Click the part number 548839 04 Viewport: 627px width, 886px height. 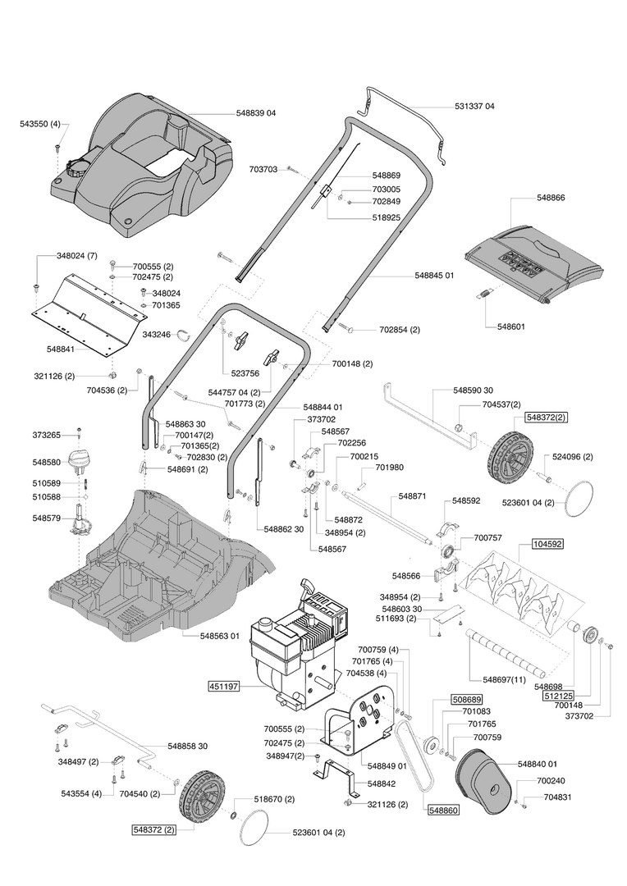(255, 113)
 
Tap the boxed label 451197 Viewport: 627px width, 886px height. (224, 687)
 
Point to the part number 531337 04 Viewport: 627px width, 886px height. (474, 106)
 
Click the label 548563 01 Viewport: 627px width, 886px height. (219, 636)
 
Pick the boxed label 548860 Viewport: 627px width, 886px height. (443, 811)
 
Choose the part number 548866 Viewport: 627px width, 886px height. (550, 198)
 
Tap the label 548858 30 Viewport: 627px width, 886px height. (187, 746)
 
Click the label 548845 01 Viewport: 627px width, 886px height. (434, 275)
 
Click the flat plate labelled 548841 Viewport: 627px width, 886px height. (88, 317)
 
